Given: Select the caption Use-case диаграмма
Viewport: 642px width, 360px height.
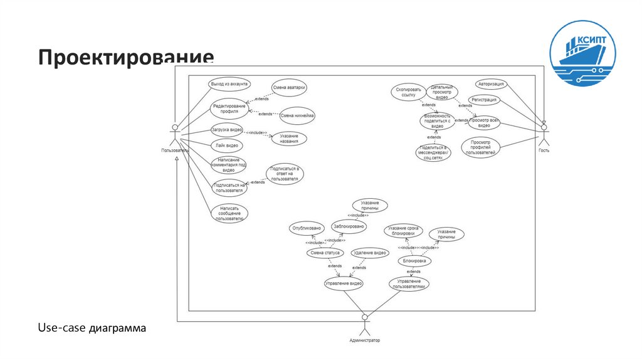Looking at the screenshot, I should [x=92, y=327].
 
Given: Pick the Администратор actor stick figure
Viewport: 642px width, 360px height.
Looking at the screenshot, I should [x=364, y=325].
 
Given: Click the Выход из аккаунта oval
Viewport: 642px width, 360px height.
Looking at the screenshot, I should [x=229, y=83].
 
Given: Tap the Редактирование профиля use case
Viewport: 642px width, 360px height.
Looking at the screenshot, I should [x=229, y=109].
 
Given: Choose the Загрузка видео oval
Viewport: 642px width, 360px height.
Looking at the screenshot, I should [x=227, y=130].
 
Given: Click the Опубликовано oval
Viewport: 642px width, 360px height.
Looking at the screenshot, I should [x=307, y=228].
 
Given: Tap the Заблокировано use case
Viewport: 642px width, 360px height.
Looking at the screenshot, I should [x=349, y=226].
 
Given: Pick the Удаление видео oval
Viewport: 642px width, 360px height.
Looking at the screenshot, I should [x=369, y=253].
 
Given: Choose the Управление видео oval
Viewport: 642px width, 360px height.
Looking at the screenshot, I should [x=343, y=283].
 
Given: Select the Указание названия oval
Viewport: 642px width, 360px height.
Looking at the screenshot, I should [x=289, y=139].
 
